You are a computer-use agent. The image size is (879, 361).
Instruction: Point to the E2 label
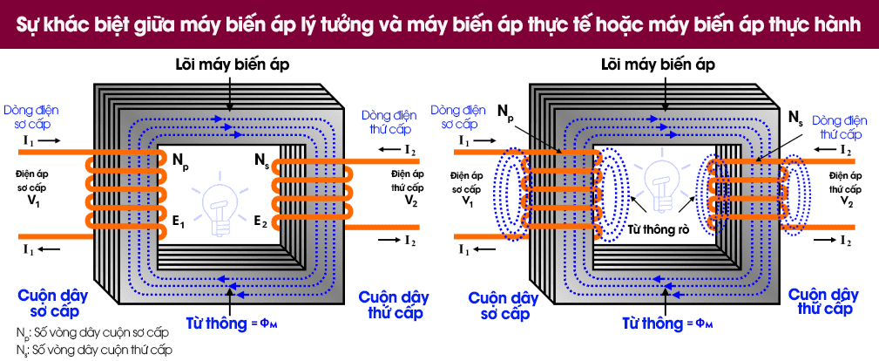tap(261, 222)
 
